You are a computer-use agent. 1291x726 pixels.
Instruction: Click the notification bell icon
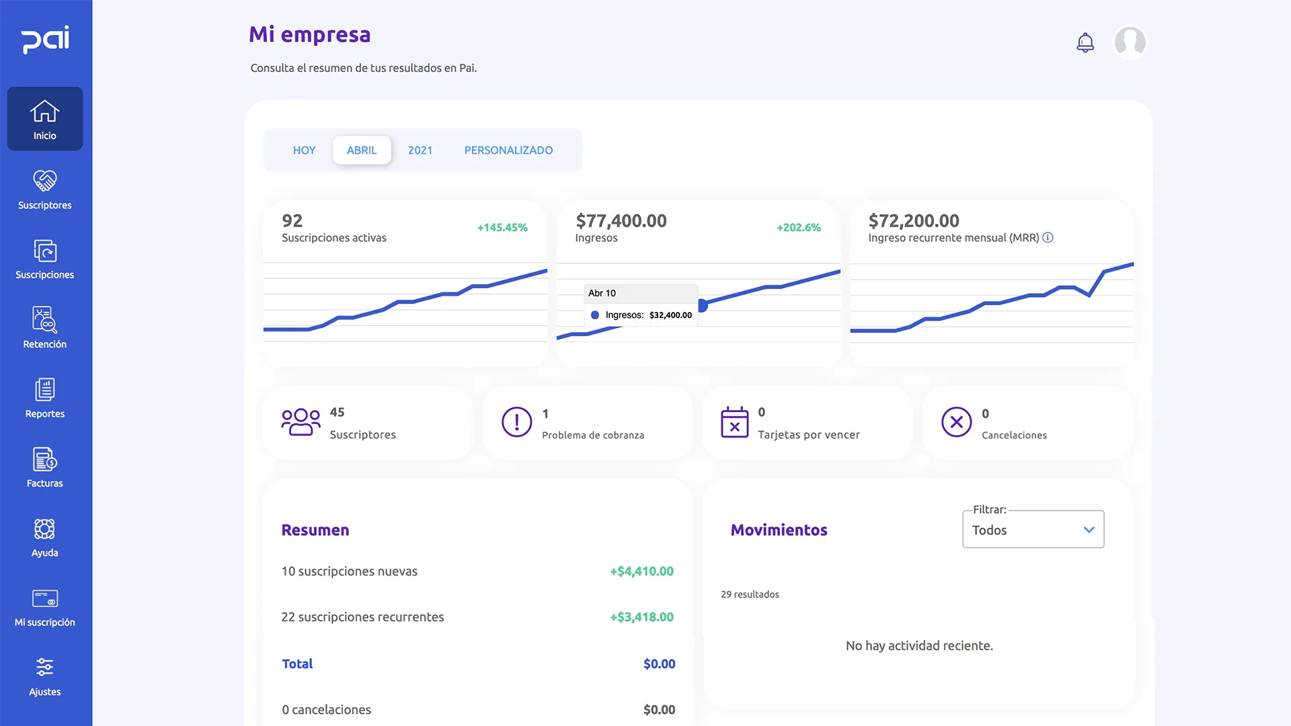(x=1085, y=42)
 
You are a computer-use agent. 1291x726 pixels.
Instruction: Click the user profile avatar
(x=1130, y=42)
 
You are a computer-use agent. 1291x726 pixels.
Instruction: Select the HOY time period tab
(x=304, y=150)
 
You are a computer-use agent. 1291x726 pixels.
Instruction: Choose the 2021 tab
(x=420, y=150)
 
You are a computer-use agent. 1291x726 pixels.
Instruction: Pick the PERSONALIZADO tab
(x=508, y=150)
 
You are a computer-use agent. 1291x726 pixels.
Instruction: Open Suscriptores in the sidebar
(x=45, y=190)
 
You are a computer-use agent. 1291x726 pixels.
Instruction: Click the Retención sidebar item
(x=45, y=328)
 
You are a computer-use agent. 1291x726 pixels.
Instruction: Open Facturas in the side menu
(x=45, y=467)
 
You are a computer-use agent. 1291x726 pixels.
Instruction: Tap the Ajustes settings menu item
(x=45, y=676)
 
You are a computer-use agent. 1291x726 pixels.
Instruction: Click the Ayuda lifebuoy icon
(x=45, y=529)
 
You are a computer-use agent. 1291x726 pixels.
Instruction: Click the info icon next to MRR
(x=1048, y=237)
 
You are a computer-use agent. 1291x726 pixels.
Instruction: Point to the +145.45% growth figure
(x=502, y=228)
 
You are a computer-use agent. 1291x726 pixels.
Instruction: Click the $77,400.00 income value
(x=621, y=220)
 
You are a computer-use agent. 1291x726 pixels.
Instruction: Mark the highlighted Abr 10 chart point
(x=702, y=306)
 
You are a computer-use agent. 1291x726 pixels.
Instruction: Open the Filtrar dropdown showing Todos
(x=1033, y=530)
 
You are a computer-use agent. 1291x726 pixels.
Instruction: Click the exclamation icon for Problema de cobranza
(x=516, y=422)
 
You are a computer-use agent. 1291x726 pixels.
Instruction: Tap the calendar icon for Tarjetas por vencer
(x=734, y=422)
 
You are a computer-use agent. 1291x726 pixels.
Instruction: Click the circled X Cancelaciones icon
(x=956, y=422)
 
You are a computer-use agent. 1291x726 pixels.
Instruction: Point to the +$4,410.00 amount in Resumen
(x=641, y=571)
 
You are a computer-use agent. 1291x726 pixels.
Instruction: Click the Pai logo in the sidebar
(x=45, y=40)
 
